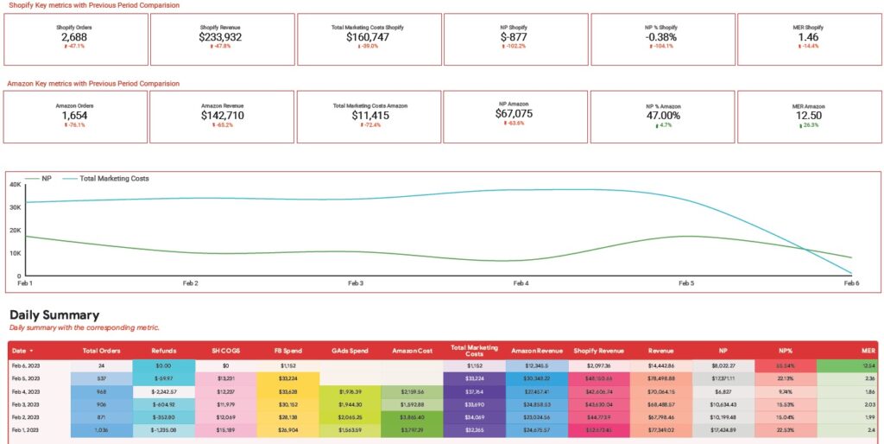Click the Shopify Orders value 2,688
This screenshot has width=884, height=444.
click(76, 37)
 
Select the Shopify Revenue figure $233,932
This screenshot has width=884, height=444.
click(220, 37)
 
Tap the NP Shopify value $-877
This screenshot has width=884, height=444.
click(514, 37)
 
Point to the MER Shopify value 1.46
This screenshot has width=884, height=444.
click(808, 37)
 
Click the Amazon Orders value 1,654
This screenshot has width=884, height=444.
click(75, 115)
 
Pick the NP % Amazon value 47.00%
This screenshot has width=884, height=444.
click(662, 115)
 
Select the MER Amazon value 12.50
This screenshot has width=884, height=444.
click(808, 115)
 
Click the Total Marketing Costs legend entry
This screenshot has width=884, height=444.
click(114, 179)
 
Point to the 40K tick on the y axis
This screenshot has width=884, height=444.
click(14, 184)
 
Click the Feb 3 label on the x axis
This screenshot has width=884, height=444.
click(355, 282)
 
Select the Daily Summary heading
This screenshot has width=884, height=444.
click(54, 315)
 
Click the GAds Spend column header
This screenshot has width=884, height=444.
click(350, 351)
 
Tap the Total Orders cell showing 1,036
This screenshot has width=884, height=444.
click(101, 429)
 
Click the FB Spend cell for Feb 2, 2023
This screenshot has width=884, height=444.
click(288, 416)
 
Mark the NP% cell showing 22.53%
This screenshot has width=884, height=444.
click(784, 429)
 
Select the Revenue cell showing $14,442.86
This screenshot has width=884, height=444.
click(660, 366)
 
